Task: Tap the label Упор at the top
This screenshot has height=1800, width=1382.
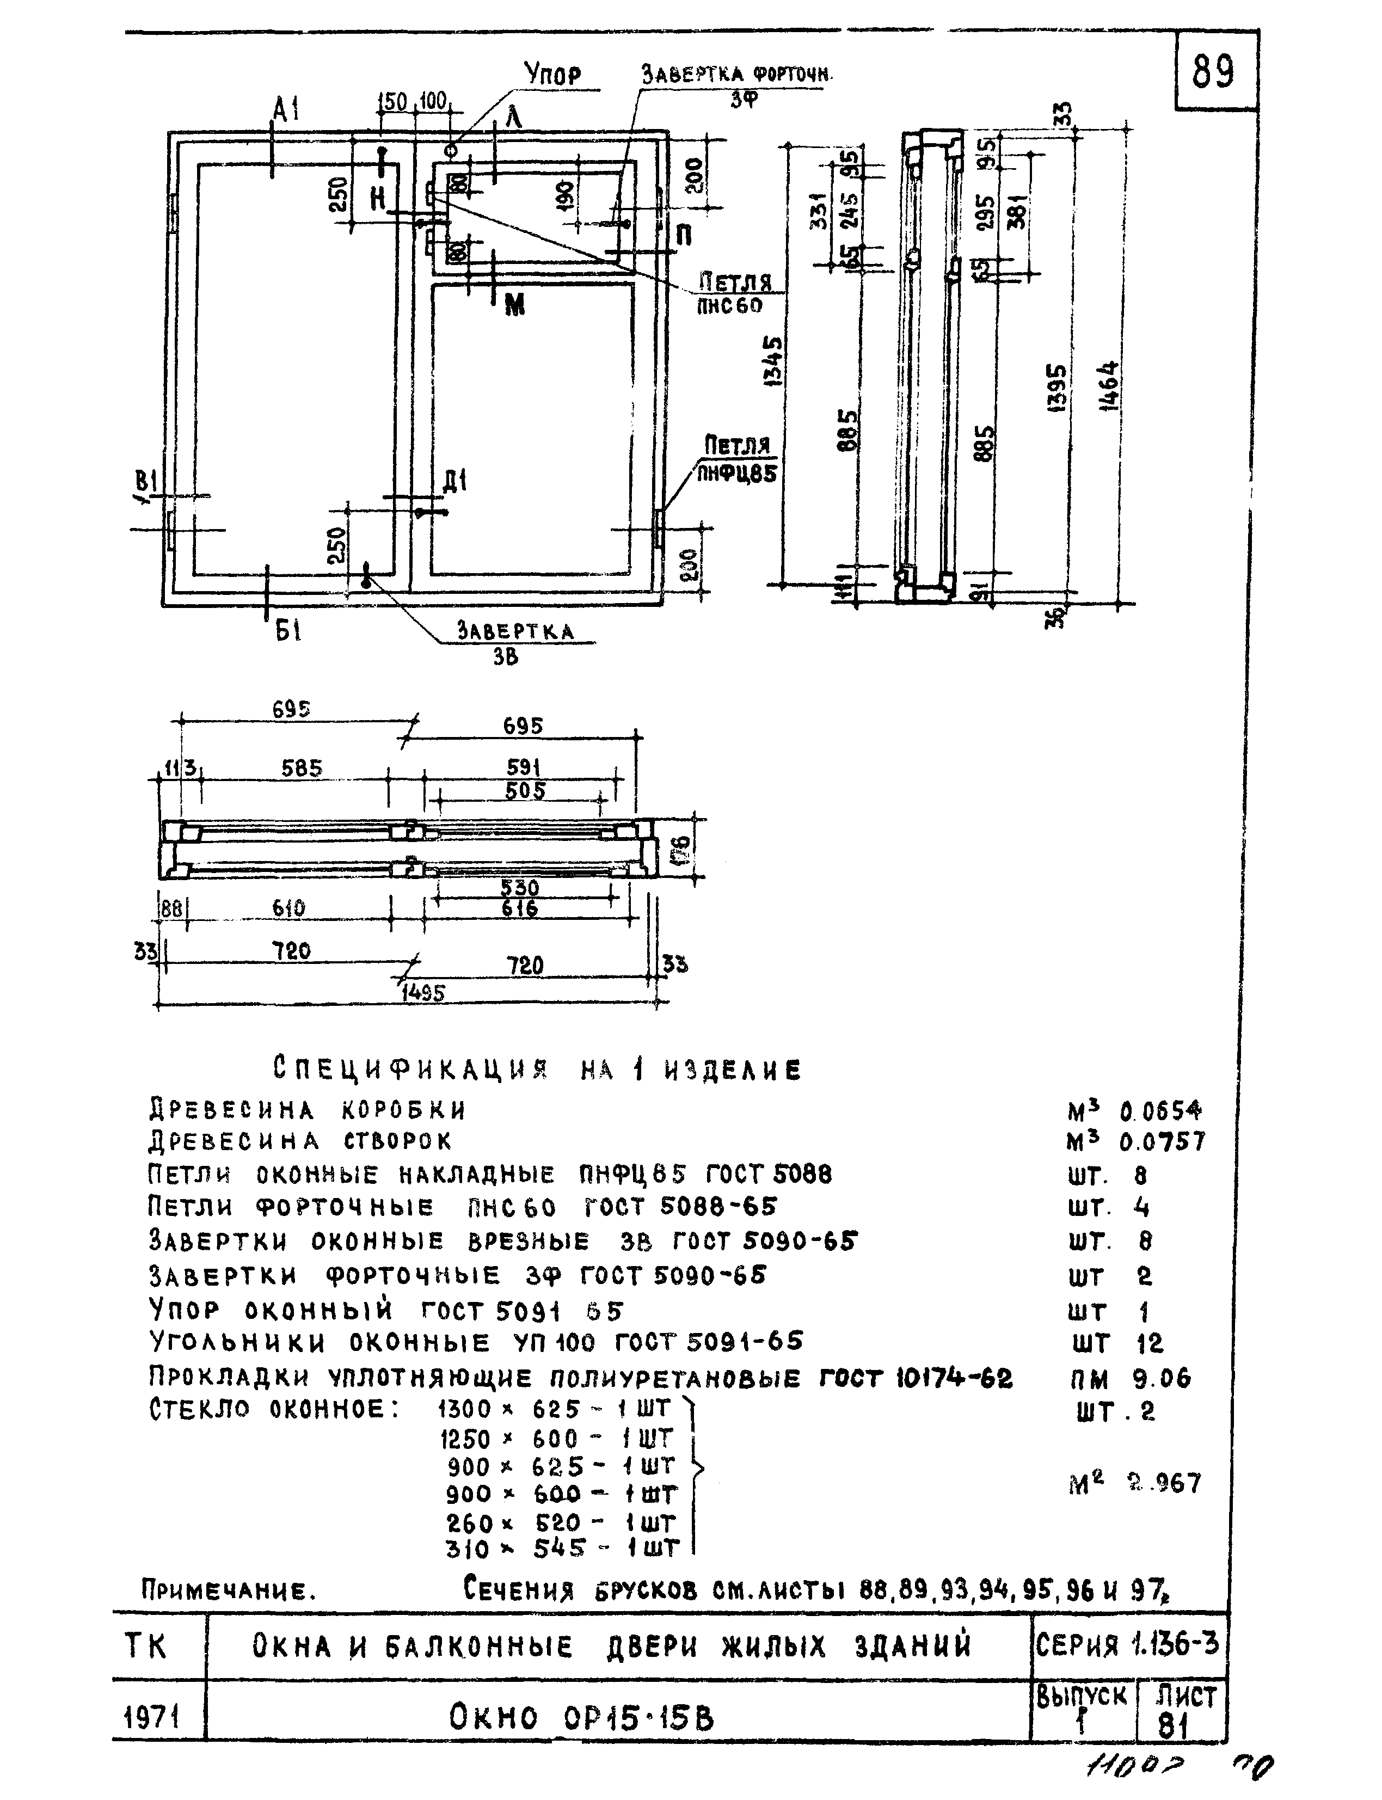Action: [553, 76]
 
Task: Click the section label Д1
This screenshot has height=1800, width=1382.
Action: [455, 481]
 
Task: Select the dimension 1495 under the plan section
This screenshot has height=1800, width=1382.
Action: [423, 993]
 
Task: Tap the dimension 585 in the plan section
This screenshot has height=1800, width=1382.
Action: [302, 769]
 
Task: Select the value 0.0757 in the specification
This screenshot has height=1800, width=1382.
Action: [1162, 1142]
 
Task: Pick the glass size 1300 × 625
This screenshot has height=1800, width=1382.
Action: [556, 1409]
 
